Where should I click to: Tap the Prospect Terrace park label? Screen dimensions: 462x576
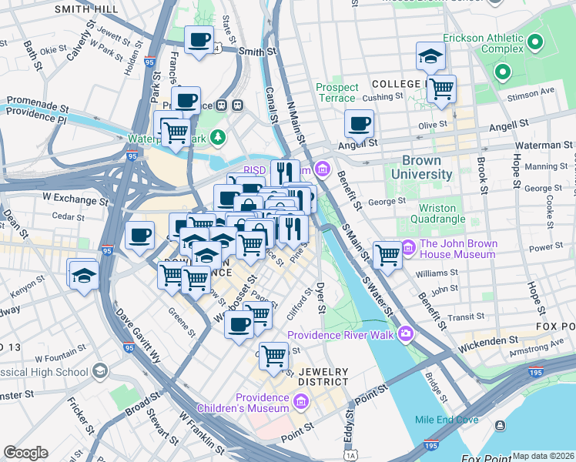point(337,93)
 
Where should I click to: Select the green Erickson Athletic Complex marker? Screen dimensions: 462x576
point(504,74)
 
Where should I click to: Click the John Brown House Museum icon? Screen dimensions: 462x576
point(407,248)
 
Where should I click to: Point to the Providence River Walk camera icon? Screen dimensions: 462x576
point(405,334)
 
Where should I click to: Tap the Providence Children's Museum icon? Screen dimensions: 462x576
point(301,401)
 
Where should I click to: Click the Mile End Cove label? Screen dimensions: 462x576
point(447,420)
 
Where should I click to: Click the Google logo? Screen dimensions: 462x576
point(25,453)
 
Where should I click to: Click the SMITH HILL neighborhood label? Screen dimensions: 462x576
point(87,8)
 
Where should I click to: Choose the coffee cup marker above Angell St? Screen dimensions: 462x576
point(359,122)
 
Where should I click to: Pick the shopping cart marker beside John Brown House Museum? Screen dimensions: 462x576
point(387,254)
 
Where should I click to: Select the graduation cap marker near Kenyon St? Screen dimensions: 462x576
point(82,273)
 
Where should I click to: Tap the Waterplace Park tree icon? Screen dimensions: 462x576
point(219,138)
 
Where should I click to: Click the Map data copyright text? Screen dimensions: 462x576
point(543,456)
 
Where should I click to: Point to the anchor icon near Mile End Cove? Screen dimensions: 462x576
point(501,426)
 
